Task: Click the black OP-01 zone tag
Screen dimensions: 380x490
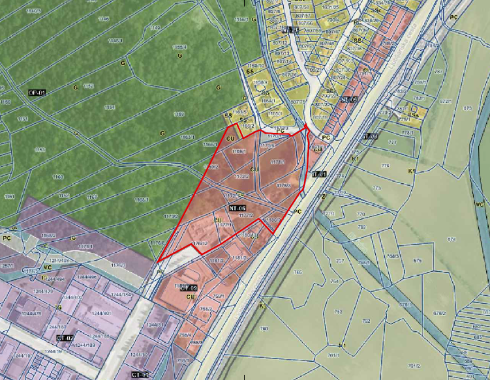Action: point(37,93)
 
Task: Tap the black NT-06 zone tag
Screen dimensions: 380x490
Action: point(237,208)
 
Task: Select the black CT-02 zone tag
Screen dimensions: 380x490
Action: point(64,338)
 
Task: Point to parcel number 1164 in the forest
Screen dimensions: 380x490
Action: point(110,108)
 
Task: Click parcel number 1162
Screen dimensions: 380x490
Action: point(64,195)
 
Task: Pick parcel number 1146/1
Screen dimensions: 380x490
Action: point(115,41)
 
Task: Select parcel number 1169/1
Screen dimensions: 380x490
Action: point(238,151)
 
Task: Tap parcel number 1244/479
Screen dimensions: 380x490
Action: point(31,314)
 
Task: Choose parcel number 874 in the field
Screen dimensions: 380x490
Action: point(452,240)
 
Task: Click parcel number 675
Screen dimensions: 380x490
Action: point(418,261)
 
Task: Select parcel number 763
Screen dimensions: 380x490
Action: point(339,312)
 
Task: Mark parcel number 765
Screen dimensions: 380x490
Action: point(298,272)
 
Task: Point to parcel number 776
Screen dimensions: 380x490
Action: point(385,166)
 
